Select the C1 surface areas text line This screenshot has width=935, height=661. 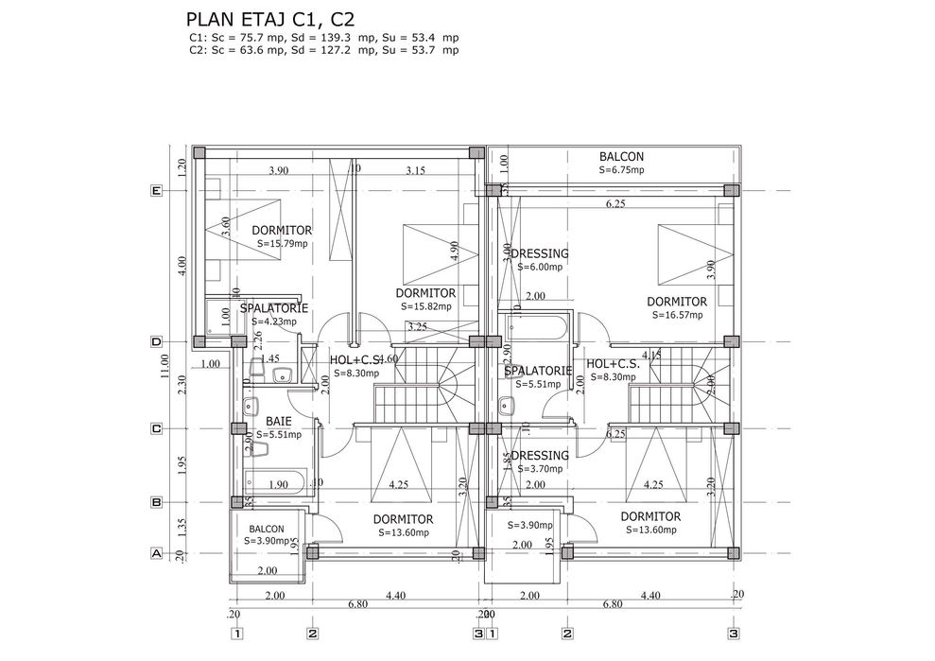tap(324, 37)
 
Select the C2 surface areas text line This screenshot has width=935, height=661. tap(324, 50)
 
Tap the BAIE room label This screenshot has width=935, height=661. tap(278, 422)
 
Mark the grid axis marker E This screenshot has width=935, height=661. tap(157, 191)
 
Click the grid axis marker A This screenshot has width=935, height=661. tap(157, 554)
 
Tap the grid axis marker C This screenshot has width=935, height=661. tap(157, 428)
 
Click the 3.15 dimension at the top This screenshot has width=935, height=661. tap(415, 171)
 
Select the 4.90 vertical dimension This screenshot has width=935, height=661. tap(455, 251)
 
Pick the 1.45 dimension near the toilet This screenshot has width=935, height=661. tap(269, 359)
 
